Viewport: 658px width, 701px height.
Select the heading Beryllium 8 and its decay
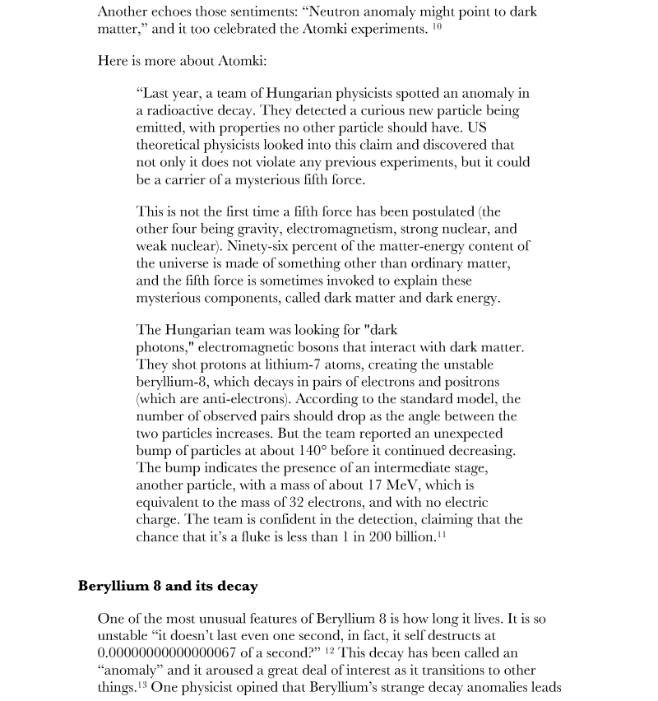pos(168,586)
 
